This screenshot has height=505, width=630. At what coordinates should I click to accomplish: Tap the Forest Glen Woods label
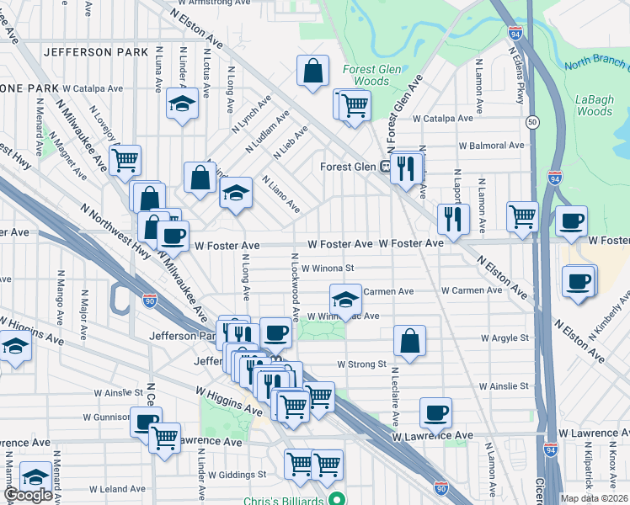[366, 75]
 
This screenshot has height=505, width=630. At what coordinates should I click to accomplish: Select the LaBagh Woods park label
[594, 104]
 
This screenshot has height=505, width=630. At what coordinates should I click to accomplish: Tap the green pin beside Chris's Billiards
[338, 499]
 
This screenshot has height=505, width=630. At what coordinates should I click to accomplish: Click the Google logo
[27, 495]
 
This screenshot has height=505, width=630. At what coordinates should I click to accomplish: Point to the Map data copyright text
[595, 497]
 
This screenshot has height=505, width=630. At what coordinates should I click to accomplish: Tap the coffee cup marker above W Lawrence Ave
[435, 412]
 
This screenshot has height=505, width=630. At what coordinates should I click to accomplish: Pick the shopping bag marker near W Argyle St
[409, 341]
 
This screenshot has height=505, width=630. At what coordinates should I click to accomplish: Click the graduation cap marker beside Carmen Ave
[344, 298]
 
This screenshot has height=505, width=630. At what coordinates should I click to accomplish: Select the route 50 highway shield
[532, 123]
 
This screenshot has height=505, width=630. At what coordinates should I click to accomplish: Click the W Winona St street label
[328, 268]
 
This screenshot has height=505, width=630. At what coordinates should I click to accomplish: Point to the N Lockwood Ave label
[295, 286]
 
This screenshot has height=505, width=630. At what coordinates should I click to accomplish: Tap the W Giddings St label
[238, 475]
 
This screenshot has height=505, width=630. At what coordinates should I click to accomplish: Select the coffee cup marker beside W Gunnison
[146, 421]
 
